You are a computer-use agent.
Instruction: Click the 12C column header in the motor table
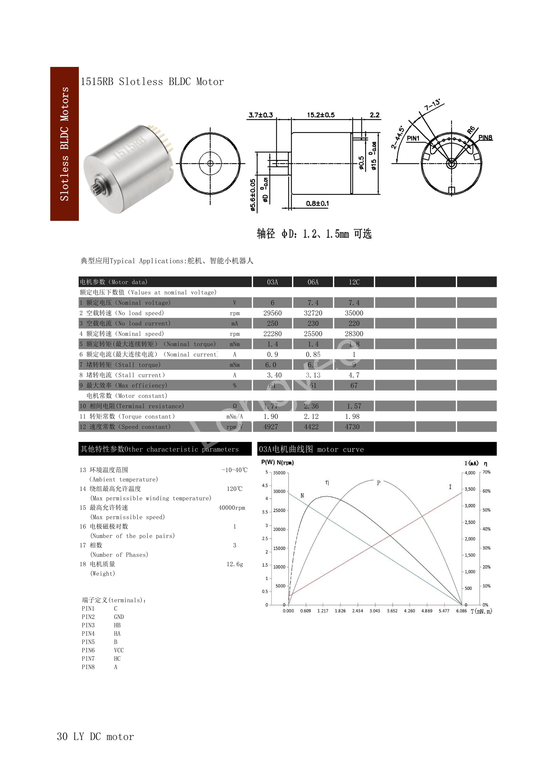click(x=354, y=282)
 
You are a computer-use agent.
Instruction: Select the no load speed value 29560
click(x=272, y=313)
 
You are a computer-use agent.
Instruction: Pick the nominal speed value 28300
click(x=354, y=334)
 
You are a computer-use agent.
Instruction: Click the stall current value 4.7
click(x=354, y=375)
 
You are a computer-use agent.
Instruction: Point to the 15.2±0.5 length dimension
click(x=320, y=115)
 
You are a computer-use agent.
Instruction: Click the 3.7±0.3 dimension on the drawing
click(x=261, y=115)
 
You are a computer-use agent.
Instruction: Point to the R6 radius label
click(x=471, y=130)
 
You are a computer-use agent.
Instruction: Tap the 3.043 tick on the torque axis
click(x=375, y=611)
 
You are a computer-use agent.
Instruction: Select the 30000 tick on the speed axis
click(x=279, y=491)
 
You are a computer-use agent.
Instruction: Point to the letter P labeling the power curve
click(x=379, y=483)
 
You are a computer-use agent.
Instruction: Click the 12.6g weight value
click(x=235, y=564)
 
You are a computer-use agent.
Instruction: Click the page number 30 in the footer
click(x=62, y=736)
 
